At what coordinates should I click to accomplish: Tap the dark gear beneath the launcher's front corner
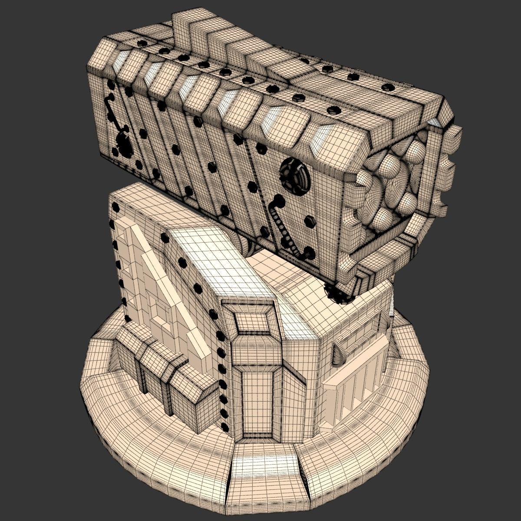pos(336,293)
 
